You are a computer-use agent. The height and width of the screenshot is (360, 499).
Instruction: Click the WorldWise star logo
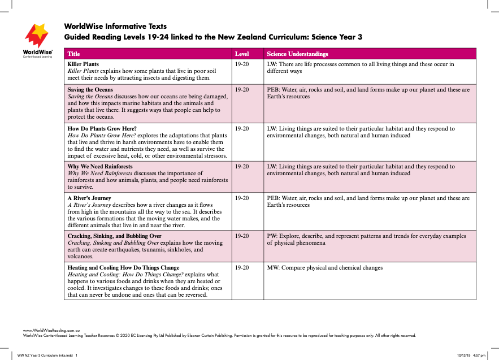point(37,36)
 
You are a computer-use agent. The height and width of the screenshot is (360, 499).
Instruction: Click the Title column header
point(73,54)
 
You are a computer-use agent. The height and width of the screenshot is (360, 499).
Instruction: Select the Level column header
point(241,54)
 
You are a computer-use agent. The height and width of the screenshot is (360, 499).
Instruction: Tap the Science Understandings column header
point(297,54)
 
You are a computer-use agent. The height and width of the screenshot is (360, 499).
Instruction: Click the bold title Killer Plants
point(83,64)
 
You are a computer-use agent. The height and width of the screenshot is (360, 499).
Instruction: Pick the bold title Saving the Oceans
point(90,90)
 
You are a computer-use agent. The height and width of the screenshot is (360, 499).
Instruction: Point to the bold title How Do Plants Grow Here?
point(102,128)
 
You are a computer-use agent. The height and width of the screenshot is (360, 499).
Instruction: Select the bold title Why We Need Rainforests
point(100,167)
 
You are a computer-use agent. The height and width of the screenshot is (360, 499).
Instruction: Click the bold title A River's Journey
point(89,198)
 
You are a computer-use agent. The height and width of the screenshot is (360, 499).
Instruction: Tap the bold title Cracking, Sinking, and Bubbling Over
point(114,236)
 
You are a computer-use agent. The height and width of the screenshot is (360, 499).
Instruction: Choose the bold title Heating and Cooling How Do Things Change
point(123,267)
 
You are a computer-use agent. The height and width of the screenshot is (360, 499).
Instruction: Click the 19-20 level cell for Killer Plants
point(241,64)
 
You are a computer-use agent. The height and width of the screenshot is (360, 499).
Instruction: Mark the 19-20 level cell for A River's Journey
point(241,198)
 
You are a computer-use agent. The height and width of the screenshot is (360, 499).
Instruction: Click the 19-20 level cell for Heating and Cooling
point(241,267)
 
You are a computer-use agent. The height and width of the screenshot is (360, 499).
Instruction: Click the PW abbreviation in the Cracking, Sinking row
point(271,236)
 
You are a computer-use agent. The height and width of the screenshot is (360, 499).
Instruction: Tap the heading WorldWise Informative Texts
point(115,26)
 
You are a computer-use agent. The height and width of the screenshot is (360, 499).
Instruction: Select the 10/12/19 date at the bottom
point(465,355)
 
